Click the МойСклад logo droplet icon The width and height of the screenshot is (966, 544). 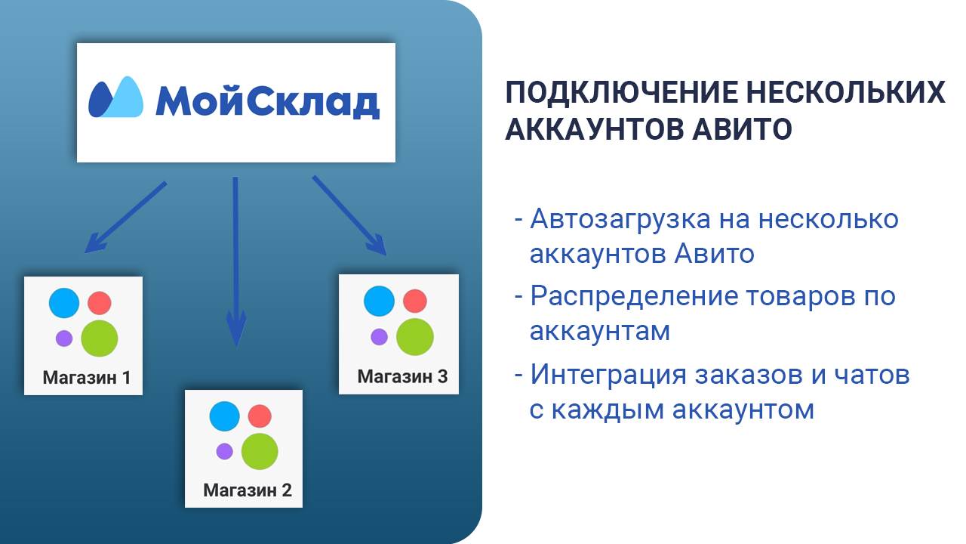point(115,97)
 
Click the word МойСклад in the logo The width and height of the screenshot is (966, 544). point(267,101)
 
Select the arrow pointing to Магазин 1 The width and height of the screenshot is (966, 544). point(125,217)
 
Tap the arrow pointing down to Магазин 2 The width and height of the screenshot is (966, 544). point(236,261)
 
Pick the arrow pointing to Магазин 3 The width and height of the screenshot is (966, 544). point(349,215)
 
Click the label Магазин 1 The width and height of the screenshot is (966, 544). point(87,377)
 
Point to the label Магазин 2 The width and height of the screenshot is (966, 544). point(248,490)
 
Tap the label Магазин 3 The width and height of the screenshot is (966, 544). point(402,376)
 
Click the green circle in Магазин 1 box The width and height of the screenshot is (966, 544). point(99,338)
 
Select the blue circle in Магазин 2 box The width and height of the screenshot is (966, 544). point(224,416)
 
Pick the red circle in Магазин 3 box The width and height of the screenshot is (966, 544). point(415,301)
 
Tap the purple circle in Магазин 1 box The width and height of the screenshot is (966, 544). point(64,338)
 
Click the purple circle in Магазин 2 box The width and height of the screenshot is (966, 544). point(224,452)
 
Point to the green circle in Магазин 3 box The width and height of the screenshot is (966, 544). point(415,337)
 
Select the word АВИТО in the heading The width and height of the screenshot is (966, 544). point(742,129)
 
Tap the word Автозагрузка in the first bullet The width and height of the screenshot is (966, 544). point(620,220)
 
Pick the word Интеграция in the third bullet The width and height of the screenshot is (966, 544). point(608,375)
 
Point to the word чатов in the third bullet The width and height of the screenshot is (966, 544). point(872,375)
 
